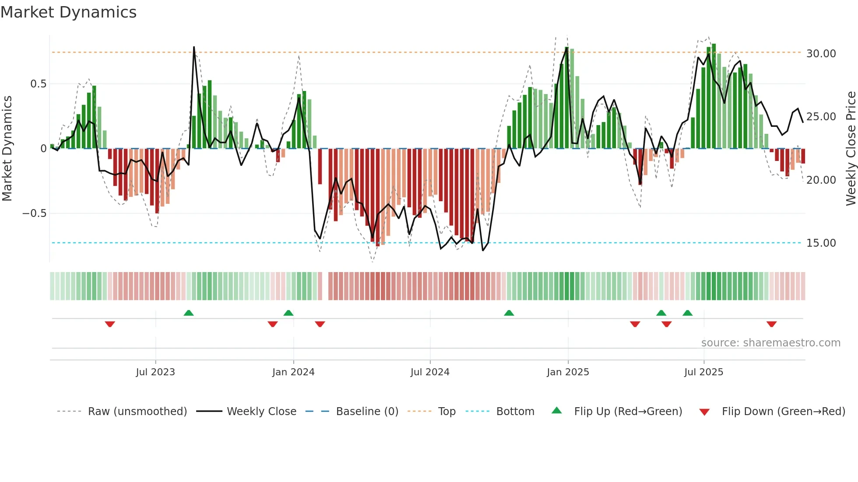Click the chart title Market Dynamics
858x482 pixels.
click(x=68, y=12)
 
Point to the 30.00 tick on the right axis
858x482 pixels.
click(x=821, y=54)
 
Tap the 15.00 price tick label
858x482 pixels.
click(x=821, y=243)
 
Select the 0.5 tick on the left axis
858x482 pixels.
click(x=38, y=84)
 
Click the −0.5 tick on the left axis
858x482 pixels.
click(x=34, y=213)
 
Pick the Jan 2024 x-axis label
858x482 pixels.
click(x=293, y=372)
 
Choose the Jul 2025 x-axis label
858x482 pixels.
click(x=703, y=372)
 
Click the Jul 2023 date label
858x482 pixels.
click(x=155, y=372)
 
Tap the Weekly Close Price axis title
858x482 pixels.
click(x=851, y=149)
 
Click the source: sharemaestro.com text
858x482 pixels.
click(x=770, y=343)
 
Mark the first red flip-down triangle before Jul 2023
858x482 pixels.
click(x=110, y=324)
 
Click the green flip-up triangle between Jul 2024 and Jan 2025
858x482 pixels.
click(x=509, y=313)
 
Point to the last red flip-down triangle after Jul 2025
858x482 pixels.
click(x=771, y=324)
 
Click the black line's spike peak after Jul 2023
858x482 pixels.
click(x=194, y=47)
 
